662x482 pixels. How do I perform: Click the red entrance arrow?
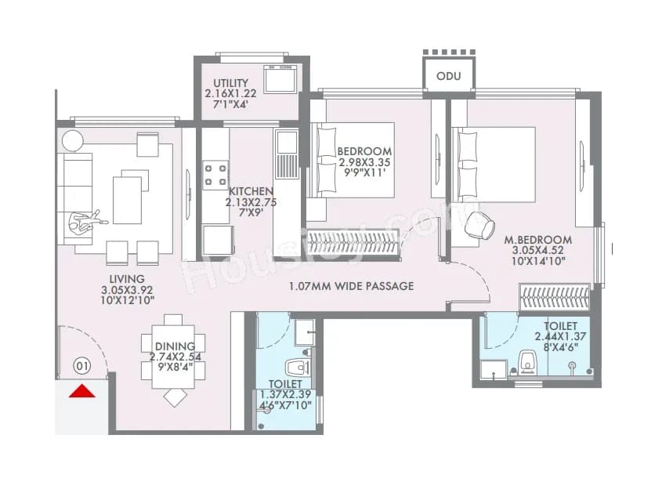[x=82, y=391]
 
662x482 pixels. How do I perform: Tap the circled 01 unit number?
[x=81, y=365]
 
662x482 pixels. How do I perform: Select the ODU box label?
[x=449, y=76]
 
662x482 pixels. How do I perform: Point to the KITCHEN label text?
[x=251, y=191]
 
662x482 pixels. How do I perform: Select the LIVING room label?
[x=128, y=279]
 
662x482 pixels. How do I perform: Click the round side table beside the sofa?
[x=73, y=141]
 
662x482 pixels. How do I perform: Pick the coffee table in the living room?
[x=128, y=200]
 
